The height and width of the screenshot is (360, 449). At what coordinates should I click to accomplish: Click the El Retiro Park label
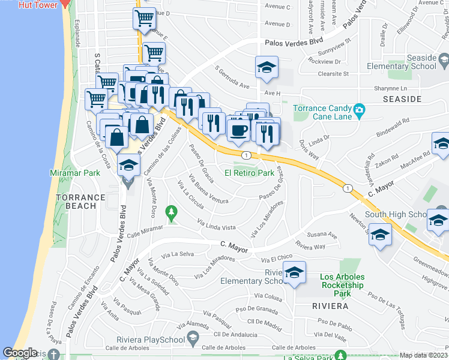click(x=249, y=173)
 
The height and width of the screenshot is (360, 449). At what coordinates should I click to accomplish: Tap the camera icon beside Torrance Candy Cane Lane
click(x=360, y=109)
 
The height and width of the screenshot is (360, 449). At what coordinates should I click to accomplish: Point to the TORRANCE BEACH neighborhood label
click(x=76, y=202)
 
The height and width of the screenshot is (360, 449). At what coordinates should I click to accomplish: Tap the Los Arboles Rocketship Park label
click(x=342, y=285)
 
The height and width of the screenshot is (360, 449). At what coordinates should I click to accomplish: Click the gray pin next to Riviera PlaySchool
click(x=192, y=340)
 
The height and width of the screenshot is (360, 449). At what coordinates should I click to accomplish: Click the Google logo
click(x=20, y=353)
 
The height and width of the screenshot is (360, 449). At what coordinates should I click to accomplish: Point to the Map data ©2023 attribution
click(x=423, y=355)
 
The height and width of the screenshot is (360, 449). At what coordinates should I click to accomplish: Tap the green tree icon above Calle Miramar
click(x=172, y=212)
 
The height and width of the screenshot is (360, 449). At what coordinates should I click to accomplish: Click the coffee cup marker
click(x=238, y=129)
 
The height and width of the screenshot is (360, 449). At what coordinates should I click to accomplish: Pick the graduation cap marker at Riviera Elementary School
click(x=294, y=272)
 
